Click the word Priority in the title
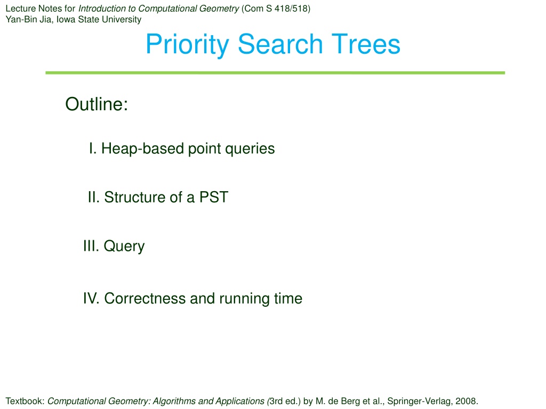(187, 45)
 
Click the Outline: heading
(97, 104)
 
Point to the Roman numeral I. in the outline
(92, 149)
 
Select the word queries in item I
(250, 149)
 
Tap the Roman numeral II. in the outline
(94, 197)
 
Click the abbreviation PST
(213, 197)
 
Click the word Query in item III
(124, 247)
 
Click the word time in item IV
(288, 298)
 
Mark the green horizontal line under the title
(275, 72)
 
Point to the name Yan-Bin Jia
(28, 20)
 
